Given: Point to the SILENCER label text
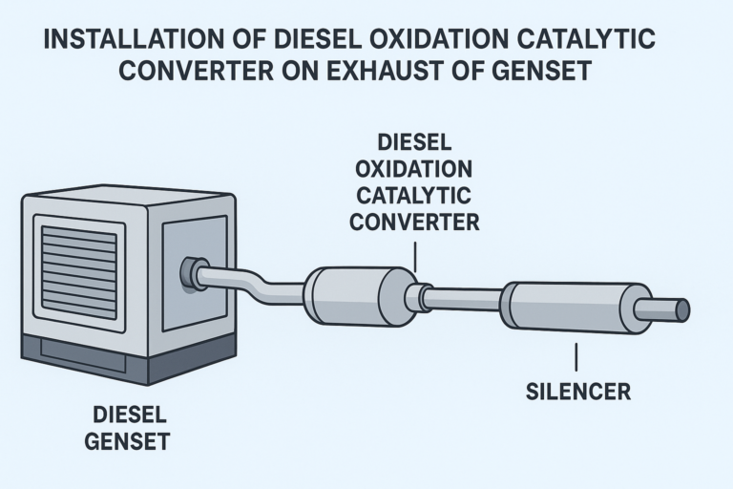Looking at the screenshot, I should pos(578,392).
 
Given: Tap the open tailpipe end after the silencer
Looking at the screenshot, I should pos(681,309).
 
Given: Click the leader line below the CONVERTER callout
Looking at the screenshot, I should pos(416,254).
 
